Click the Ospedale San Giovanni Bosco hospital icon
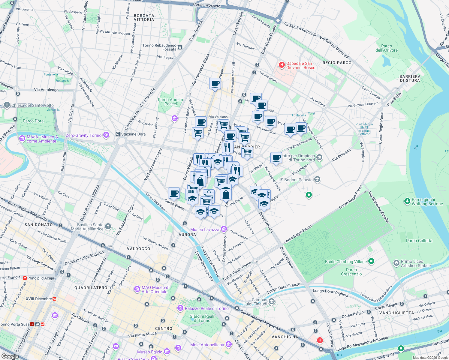pos(282,65)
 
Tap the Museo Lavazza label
pos(205,229)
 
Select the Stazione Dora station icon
pos(118,134)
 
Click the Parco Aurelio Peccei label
pos(170,102)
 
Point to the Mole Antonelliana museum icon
pos(229,344)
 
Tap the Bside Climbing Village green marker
pos(371,261)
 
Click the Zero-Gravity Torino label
pos(83,135)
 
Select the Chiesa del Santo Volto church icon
pos(7,105)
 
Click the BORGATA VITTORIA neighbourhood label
pos(144,17)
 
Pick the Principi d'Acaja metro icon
pos(25,278)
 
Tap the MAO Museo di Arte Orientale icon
pos(137,289)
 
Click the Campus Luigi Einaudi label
pos(259,302)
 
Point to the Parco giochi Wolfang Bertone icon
pos(407,201)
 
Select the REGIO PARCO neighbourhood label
pos(337,63)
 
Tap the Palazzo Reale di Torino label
pos(206,308)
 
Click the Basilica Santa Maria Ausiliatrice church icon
pos(108,226)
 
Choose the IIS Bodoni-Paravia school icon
pos(317,179)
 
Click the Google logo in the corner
pos(10,356)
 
